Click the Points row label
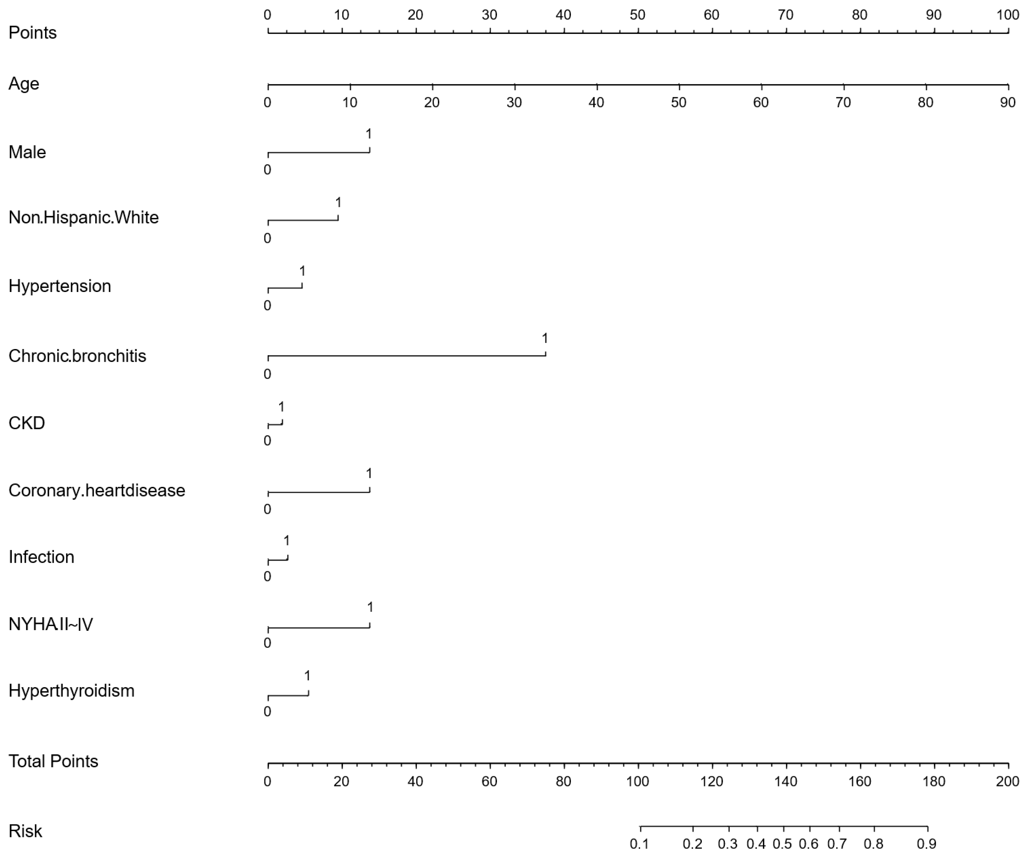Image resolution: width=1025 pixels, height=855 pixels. coord(33,33)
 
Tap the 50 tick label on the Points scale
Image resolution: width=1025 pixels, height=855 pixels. coord(637,15)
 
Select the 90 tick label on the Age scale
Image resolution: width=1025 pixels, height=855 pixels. coord(1007,102)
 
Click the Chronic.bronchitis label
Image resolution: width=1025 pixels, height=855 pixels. coord(77,356)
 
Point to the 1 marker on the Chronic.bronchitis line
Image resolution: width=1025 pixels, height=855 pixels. coord(545,338)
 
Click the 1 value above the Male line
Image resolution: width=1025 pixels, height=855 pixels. coord(369,134)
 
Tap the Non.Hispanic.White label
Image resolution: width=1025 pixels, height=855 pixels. coord(83,217)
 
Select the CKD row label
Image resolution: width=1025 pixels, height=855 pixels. coord(26,423)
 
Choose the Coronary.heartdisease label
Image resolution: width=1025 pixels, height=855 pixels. coord(97,490)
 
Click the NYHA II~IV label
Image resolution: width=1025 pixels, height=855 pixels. coord(51,624)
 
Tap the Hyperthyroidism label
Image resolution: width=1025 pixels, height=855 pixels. coord(71,690)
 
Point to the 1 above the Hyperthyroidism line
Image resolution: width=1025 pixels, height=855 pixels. coord(307,675)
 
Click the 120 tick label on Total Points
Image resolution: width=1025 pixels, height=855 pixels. coord(712,781)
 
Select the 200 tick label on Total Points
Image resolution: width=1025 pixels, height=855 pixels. coord(1007,781)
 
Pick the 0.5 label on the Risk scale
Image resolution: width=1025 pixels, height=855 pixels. coord(782,844)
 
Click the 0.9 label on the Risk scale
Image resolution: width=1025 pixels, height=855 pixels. coord(927,844)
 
